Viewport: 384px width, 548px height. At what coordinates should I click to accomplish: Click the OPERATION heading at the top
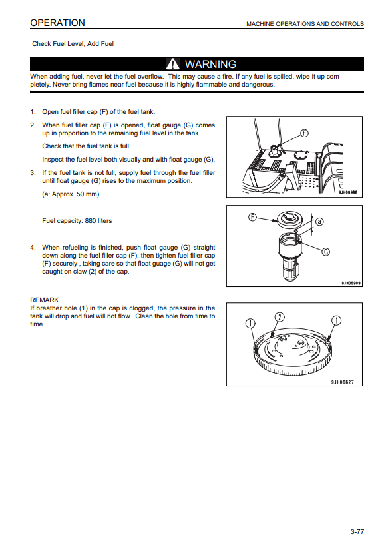(57, 23)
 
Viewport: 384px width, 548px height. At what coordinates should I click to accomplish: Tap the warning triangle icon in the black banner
(172, 64)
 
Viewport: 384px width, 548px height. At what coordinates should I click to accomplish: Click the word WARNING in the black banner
(210, 65)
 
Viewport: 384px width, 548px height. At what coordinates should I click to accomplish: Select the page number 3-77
(357, 531)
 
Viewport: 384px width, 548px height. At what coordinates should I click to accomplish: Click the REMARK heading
(45, 300)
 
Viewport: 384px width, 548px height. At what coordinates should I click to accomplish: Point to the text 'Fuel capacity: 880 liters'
(77, 221)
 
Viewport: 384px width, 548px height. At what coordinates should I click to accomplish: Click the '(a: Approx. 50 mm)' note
(71, 194)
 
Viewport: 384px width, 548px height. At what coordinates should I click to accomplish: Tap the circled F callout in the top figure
(305, 133)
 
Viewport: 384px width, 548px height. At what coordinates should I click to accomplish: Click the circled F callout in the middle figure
(252, 217)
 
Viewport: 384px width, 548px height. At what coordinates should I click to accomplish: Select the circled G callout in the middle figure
(325, 252)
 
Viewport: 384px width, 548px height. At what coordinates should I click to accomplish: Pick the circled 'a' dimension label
(319, 222)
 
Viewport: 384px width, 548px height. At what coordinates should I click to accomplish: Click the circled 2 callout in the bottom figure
(280, 317)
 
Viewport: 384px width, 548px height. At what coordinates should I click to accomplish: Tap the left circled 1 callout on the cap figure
(250, 324)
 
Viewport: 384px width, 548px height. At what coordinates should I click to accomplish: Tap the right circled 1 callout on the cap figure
(336, 320)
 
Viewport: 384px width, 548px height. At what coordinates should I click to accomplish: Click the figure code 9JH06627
(343, 382)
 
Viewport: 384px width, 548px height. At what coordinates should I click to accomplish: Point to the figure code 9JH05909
(351, 283)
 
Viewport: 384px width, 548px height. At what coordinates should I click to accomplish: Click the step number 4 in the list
(33, 248)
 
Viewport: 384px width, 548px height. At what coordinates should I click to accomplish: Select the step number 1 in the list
(33, 112)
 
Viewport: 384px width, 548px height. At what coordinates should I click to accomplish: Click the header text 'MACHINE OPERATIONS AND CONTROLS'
(305, 24)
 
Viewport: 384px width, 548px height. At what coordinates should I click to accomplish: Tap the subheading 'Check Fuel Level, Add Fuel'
(73, 44)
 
